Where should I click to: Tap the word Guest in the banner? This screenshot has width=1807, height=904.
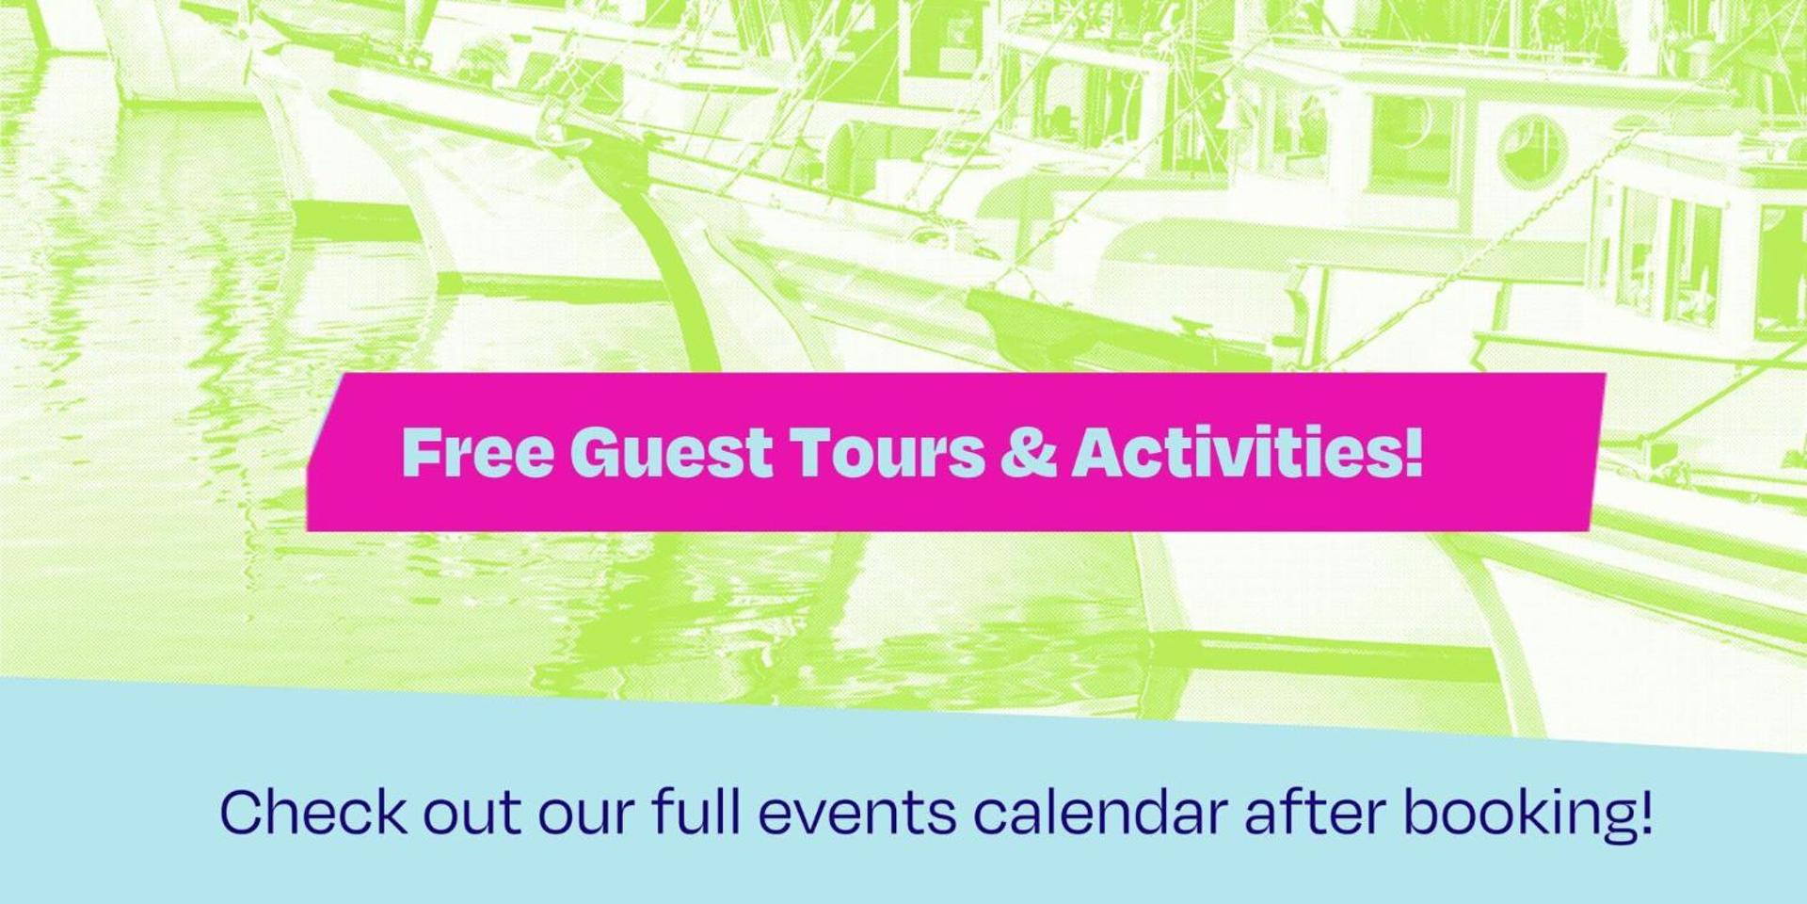(671, 452)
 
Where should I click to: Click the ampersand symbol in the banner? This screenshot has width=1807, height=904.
(1028, 452)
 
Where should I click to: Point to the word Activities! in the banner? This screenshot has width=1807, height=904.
(1247, 452)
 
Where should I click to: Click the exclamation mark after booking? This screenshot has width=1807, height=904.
(1644, 812)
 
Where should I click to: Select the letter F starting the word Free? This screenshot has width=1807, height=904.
(420, 452)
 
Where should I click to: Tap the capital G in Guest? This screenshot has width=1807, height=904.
(597, 452)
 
